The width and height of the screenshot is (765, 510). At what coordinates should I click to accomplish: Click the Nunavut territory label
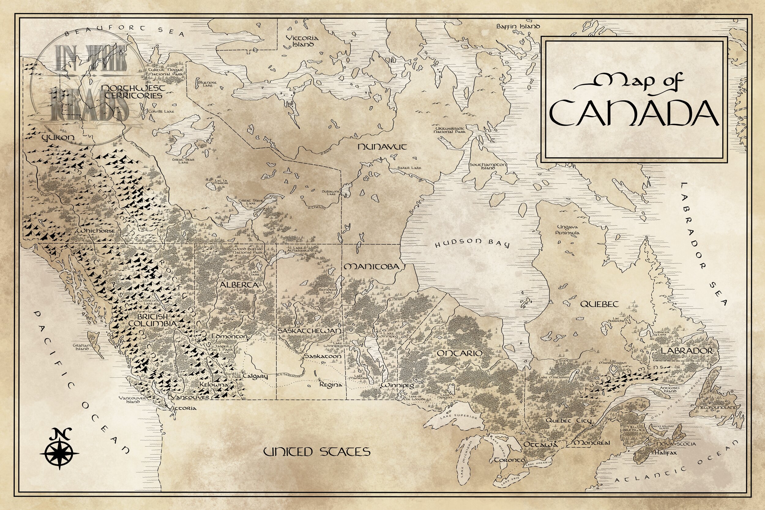pos(382,147)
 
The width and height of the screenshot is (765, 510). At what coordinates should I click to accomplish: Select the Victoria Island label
pos(302,41)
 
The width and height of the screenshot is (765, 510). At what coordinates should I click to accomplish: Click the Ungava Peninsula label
pos(568,230)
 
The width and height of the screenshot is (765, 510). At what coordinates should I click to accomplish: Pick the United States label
pos(316,452)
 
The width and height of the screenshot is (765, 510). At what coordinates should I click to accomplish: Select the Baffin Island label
pos(518,26)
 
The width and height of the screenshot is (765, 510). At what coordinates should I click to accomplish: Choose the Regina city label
pos(330,385)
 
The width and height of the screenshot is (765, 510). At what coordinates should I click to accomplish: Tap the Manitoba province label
pos(371,267)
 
